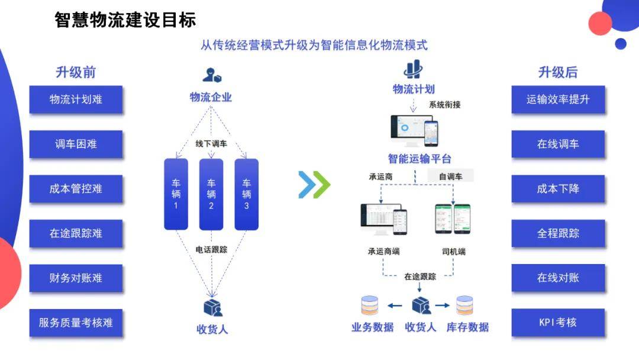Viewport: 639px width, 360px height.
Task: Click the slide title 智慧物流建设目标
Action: coord(125,20)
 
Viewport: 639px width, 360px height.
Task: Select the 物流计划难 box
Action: coord(76,99)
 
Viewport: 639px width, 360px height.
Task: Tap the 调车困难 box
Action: coord(76,144)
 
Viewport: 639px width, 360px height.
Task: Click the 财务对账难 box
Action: coord(76,278)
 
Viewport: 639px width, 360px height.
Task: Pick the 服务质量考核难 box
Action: coord(76,323)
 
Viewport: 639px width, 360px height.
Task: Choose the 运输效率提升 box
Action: coord(558,99)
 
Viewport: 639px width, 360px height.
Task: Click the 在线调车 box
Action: coord(558,144)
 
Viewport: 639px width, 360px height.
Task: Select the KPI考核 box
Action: coord(558,323)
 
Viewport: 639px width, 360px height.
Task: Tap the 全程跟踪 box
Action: coord(558,233)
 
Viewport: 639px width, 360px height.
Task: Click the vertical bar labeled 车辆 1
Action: coord(176,194)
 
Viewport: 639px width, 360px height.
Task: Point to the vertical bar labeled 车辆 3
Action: coord(247,194)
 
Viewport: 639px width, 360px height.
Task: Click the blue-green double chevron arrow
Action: coord(314,184)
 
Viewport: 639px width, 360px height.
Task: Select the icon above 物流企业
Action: coord(211,75)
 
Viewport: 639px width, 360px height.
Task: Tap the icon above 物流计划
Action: coord(413,69)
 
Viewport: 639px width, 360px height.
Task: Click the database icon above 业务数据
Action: coord(370,306)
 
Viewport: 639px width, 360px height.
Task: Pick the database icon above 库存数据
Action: coord(465,306)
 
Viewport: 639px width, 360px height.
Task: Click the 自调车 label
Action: coord(451,176)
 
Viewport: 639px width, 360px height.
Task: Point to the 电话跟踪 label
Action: coord(211,249)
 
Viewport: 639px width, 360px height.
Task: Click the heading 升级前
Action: coord(76,72)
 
